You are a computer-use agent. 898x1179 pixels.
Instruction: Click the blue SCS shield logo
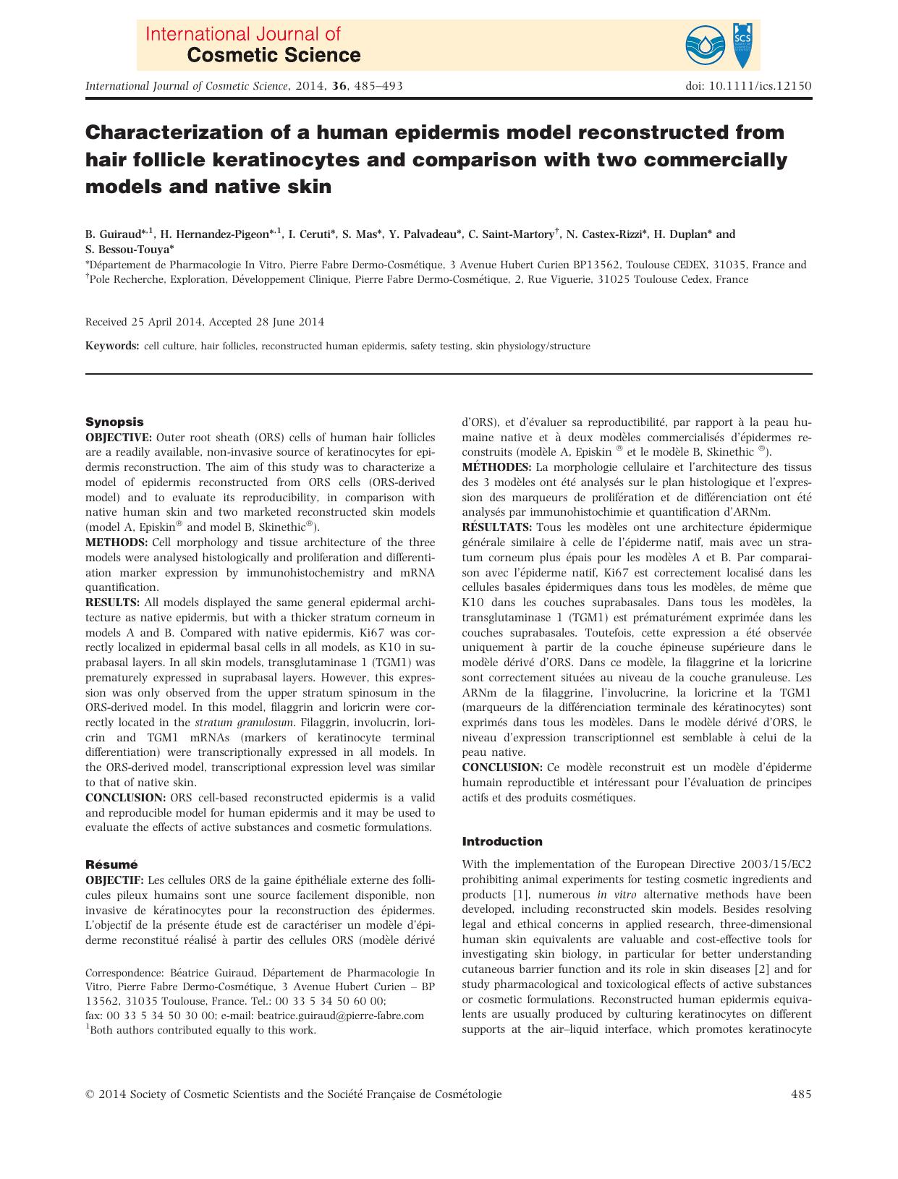746,43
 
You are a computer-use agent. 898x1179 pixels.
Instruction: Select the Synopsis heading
114,422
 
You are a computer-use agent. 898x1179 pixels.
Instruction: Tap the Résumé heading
111,864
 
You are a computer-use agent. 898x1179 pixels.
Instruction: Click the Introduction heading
501,841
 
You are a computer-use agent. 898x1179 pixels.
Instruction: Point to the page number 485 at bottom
801,1094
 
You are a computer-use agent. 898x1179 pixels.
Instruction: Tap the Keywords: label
112,346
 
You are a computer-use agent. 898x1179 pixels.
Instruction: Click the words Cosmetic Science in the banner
274,55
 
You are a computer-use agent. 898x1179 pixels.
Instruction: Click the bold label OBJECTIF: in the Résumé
115,880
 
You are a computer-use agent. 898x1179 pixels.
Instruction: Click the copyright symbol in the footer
90,1095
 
